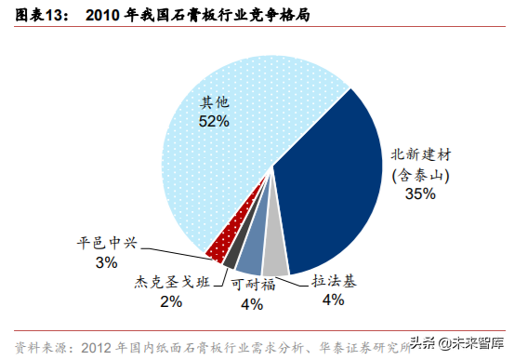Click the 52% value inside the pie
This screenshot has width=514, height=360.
[x=214, y=121]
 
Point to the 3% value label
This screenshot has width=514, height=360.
[x=106, y=262]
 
